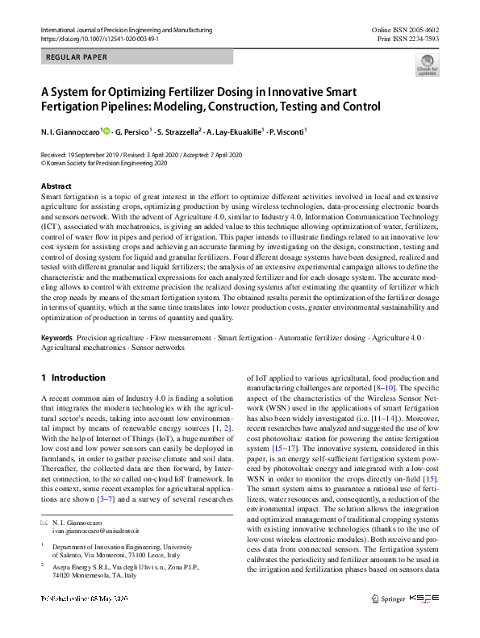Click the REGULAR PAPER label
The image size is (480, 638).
pos(77,57)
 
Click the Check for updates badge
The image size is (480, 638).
pos(427,65)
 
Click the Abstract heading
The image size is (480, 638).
pos(56,186)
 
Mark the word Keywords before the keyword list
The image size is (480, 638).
pos(56,338)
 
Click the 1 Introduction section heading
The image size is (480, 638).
pos(73,377)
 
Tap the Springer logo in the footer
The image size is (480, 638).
pos(387,598)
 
